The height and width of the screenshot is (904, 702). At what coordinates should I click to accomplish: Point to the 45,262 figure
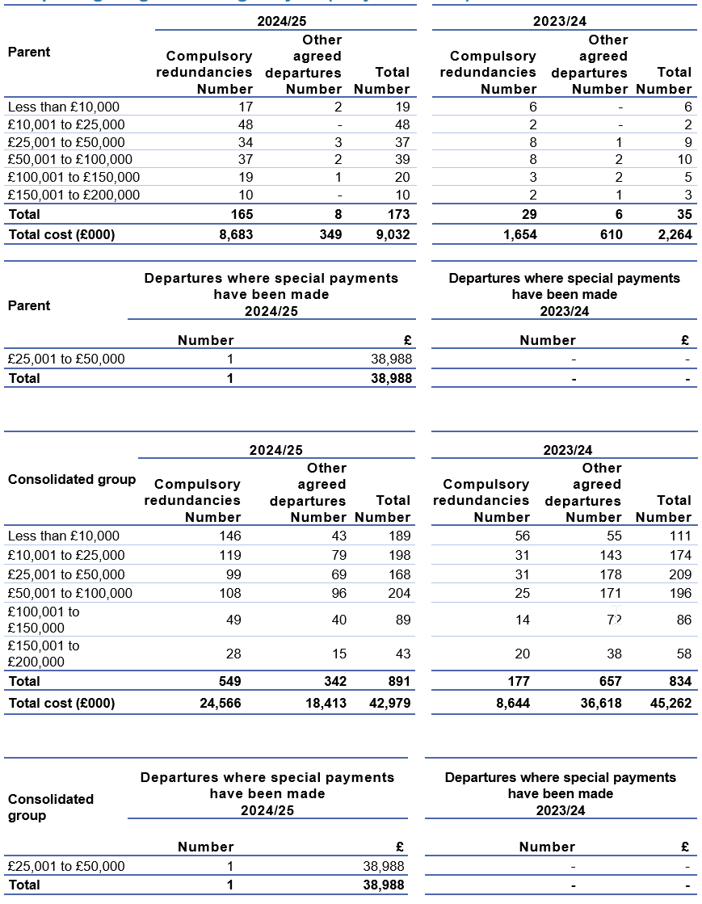click(670, 703)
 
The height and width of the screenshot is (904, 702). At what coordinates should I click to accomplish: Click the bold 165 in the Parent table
click(241, 214)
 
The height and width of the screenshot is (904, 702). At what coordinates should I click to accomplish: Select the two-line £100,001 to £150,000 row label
click(44, 620)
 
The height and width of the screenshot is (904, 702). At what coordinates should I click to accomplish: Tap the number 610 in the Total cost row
click(611, 234)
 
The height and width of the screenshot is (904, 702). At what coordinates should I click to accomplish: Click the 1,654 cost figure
click(519, 234)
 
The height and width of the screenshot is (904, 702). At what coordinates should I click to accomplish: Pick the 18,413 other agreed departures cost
click(326, 703)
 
